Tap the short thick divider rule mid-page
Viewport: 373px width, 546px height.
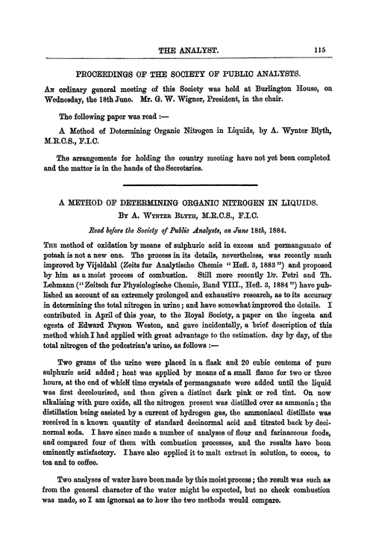tap(186, 194)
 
